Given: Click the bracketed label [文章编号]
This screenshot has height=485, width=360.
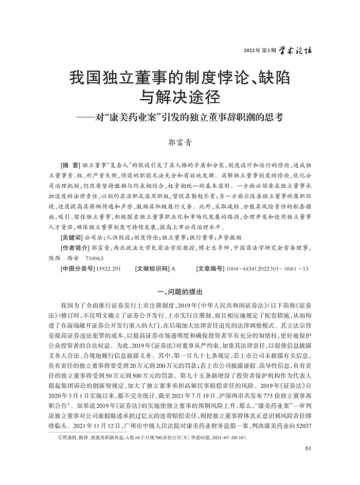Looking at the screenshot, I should [x=214, y=269].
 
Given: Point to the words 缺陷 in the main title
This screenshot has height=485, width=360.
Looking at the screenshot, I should [x=273, y=79].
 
